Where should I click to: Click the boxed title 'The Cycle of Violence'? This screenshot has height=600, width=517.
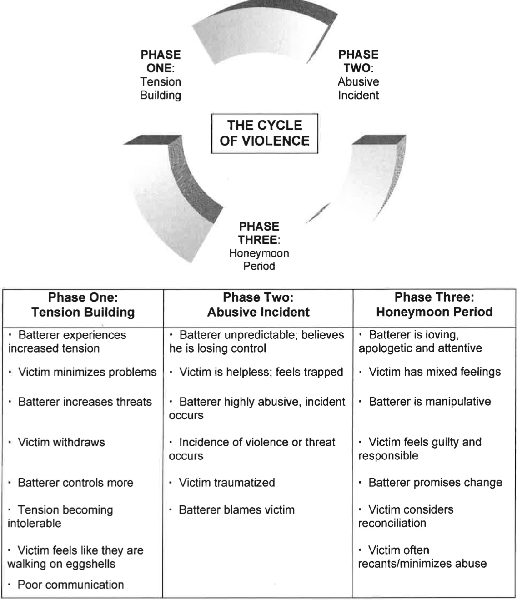[264, 133]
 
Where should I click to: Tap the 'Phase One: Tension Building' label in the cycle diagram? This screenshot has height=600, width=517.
[160, 75]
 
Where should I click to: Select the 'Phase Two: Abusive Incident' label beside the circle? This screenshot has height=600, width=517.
[358, 75]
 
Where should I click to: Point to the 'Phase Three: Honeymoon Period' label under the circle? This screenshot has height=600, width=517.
[259, 246]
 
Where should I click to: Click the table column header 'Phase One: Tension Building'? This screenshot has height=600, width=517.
[83, 305]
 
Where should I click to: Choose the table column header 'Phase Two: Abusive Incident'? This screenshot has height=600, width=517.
[258, 305]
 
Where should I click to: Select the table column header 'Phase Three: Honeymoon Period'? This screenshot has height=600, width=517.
[434, 305]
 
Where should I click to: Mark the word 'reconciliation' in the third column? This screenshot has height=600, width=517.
[392, 523]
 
